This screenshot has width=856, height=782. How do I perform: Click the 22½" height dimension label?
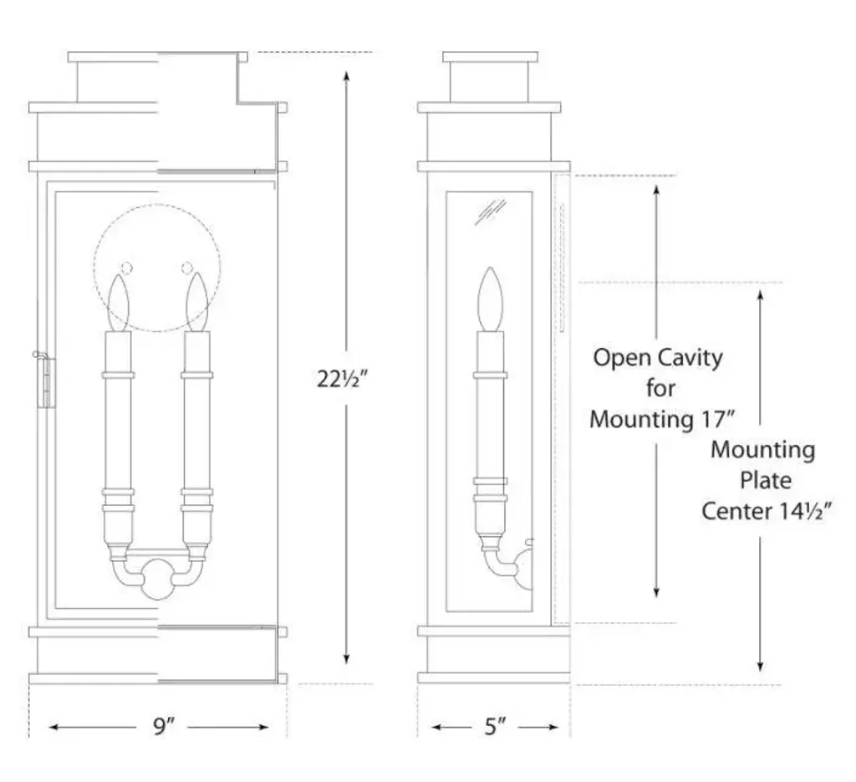pyautogui.click(x=343, y=378)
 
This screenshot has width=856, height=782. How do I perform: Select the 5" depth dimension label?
pyautogui.click(x=496, y=727)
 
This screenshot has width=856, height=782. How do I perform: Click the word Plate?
pyautogui.click(x=763, y=480)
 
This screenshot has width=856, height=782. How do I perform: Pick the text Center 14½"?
pyautogui.click(x=763, y=510)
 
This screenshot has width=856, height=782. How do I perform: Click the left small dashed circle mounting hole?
pyautogui.click(x=127, y=268)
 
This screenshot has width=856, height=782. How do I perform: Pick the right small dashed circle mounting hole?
pyautogui.click(x=187, y=268)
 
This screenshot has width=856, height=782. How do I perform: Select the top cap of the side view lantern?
pyautogui.click(x=490, y=57)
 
